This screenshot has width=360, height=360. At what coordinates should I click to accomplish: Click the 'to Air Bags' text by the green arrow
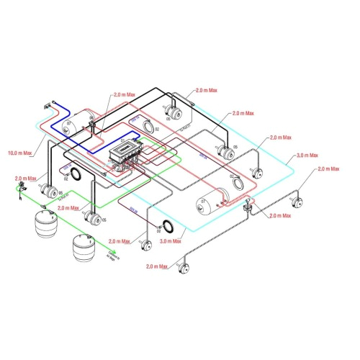(111, 254)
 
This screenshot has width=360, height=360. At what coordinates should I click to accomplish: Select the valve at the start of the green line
(19, 189)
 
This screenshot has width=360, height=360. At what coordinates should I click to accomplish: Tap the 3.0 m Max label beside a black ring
(171, 241)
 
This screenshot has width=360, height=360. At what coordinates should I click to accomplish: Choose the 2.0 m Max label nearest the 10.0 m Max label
(24, 178)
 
